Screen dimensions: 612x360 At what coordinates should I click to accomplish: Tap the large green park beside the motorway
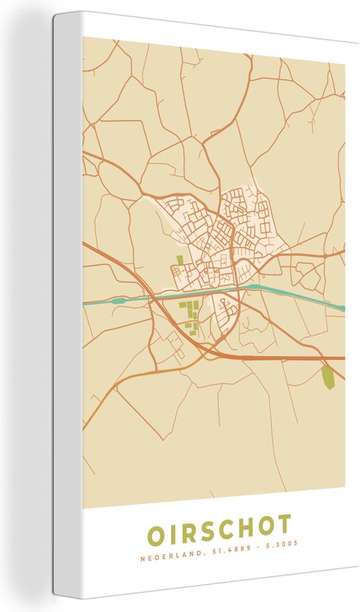click(x=328, y=377)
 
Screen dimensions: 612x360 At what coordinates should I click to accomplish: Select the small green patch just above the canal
click(x=179, y=261)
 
